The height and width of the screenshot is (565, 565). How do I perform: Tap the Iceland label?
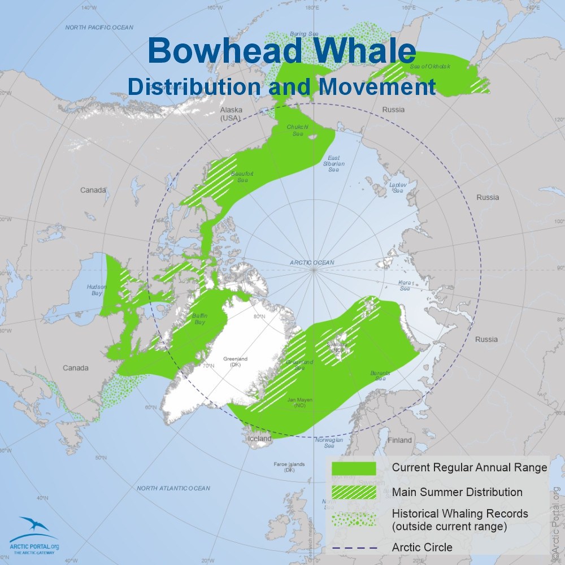tap(257, 438)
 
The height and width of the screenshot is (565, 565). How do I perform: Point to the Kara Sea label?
tap(405, 285)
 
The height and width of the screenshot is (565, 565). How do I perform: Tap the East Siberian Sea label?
tap(334, 164)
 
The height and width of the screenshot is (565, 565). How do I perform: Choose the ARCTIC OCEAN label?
tap(312, 263)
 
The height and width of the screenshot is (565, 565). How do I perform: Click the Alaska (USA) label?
tap(231, 114)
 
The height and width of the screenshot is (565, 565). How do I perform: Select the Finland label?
tap(399, 440)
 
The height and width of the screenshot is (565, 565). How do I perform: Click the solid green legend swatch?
tap(354, 468)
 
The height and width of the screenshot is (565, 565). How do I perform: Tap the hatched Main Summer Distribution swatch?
tap(354, 492)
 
